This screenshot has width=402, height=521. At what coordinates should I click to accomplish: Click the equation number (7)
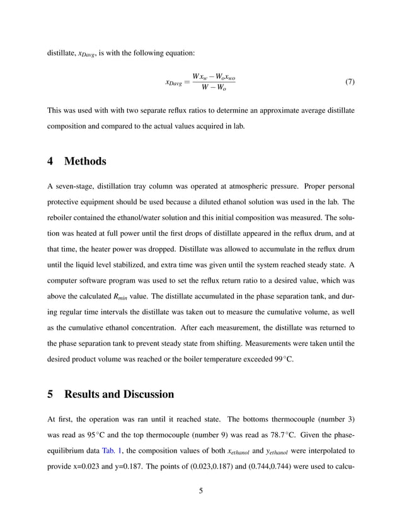pos(348,83)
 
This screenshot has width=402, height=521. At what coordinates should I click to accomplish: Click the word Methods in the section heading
pos(85,161)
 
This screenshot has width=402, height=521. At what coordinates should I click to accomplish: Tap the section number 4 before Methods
pos(51,161)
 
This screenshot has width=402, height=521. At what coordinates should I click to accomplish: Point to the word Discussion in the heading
pos(142,394)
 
